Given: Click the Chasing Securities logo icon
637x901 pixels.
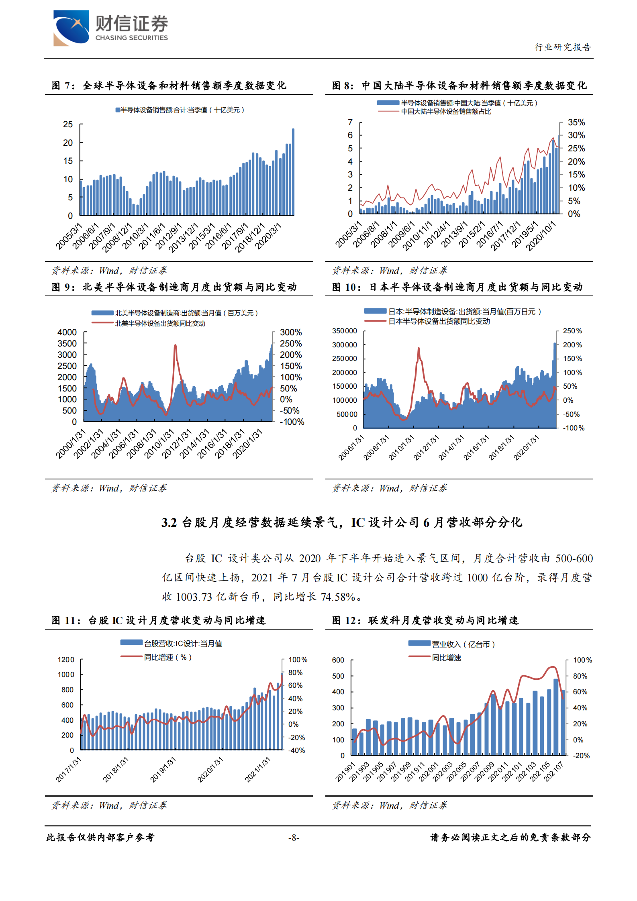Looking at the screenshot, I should (71, 27).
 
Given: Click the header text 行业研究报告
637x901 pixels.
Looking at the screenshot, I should (563, 47).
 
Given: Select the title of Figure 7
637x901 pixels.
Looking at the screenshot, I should (169, 86).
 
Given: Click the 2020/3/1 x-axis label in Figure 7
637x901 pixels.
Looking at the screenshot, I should (268, 237).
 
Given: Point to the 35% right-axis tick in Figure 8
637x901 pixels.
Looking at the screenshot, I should (576, 122).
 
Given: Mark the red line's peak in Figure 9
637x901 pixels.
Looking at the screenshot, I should (175, 345).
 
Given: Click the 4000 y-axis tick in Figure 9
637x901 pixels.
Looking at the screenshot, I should (67, 332).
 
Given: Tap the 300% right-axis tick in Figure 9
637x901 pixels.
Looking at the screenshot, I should (291, 332).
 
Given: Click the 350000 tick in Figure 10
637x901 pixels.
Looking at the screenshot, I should (344, 331).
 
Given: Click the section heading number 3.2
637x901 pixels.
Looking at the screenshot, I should (169, 523).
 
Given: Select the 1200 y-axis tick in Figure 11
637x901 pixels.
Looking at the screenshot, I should (66, 660).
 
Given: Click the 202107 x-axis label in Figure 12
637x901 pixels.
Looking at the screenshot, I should (554, 772).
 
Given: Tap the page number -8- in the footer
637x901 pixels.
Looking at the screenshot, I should (294, 838).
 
